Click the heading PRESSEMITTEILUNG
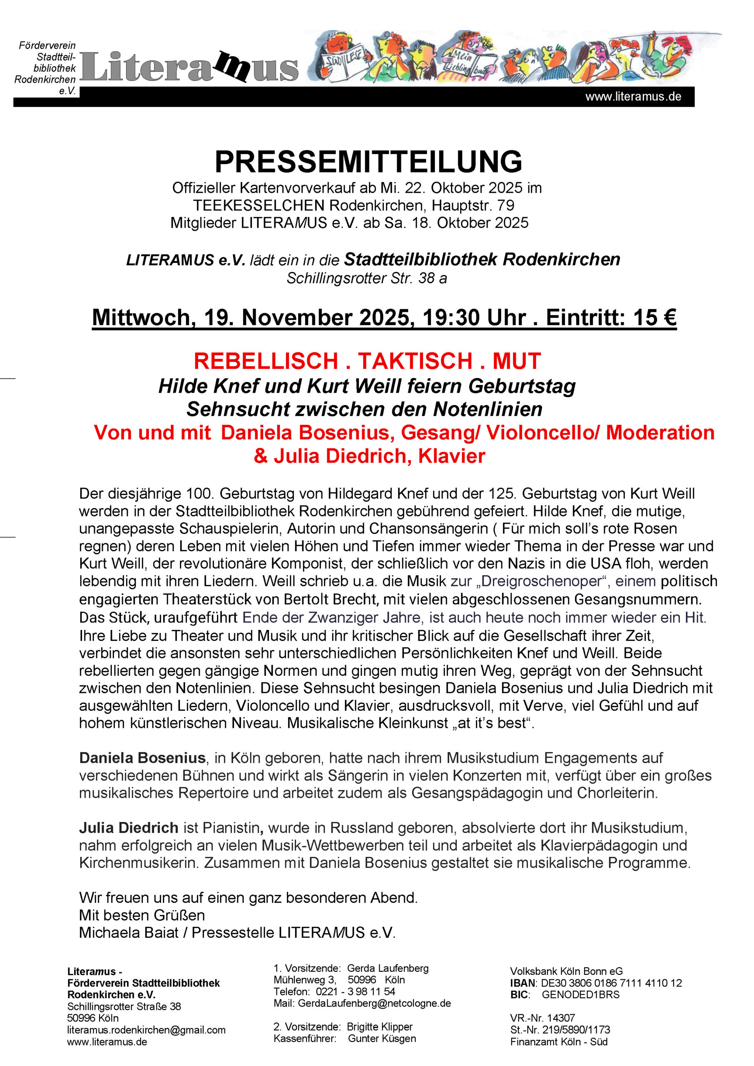pos(368,162)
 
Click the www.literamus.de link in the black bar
pos(633,97)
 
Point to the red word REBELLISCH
pos(266,361)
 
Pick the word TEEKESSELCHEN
pos(259,205)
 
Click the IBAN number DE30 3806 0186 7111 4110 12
pos(612,983)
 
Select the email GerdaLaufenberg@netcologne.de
pos(374,1003)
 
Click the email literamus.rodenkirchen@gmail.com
pos(146,1030)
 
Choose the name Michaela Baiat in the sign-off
pos(129,932)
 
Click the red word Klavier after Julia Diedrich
pos(451,456)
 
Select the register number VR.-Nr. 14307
pos(542,1018)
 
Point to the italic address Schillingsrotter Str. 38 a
pos(367,278)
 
